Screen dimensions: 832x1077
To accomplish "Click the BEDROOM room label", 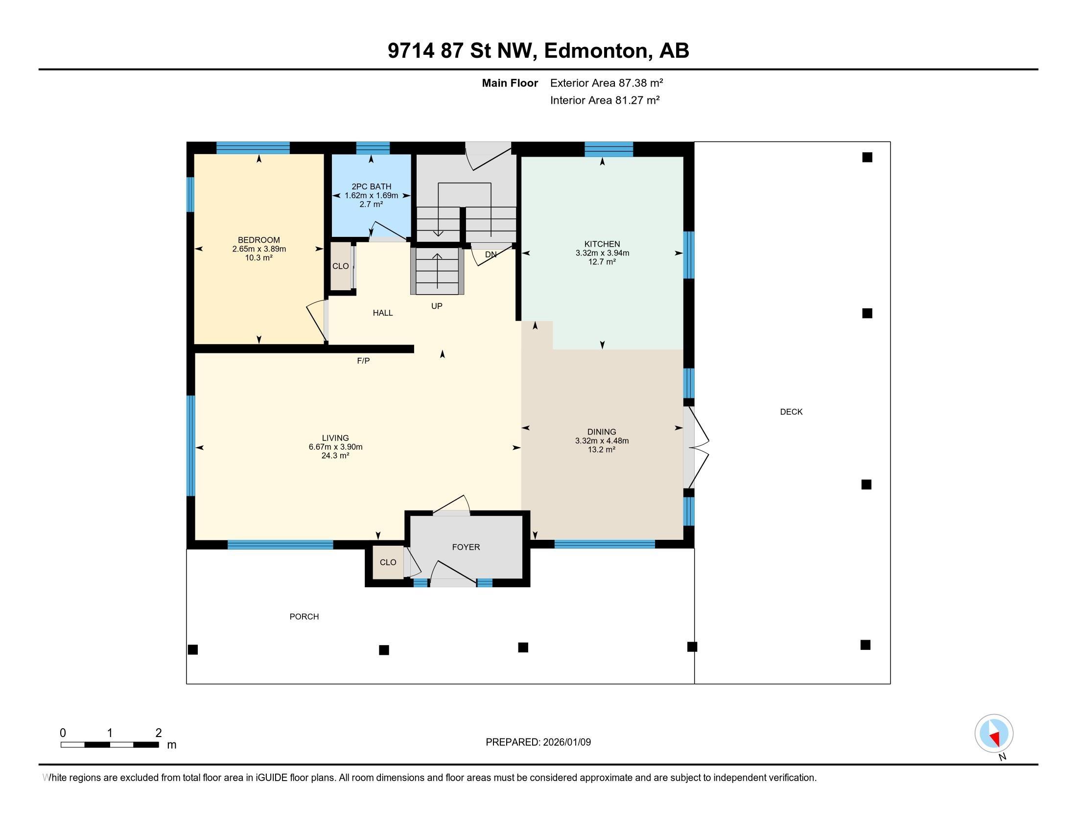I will [258, 240].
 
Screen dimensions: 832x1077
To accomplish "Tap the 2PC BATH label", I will [371, 186].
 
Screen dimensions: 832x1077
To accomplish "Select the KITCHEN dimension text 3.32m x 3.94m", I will [602, 253].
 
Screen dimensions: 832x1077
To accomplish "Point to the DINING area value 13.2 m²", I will [601, 449].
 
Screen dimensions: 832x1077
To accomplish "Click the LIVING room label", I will [335, 438].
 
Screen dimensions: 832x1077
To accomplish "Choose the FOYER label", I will [466, 547].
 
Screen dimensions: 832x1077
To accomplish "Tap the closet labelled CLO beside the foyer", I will [388, 562].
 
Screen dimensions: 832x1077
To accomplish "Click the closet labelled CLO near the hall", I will [340, 266].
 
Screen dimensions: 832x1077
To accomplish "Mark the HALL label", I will [383, 313].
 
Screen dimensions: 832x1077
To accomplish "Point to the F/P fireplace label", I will [363, 361].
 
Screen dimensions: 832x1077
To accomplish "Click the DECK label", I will [791, 412].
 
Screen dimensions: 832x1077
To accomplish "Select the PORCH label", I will [304, 616].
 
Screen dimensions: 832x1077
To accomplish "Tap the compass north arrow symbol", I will [994, 734].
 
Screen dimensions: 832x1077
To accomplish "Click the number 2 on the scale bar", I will [158, 733].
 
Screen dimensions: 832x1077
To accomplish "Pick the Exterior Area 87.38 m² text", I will [606, 83].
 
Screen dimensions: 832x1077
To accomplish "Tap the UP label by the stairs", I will [436, 306].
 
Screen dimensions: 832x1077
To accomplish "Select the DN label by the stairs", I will [491, 255].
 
